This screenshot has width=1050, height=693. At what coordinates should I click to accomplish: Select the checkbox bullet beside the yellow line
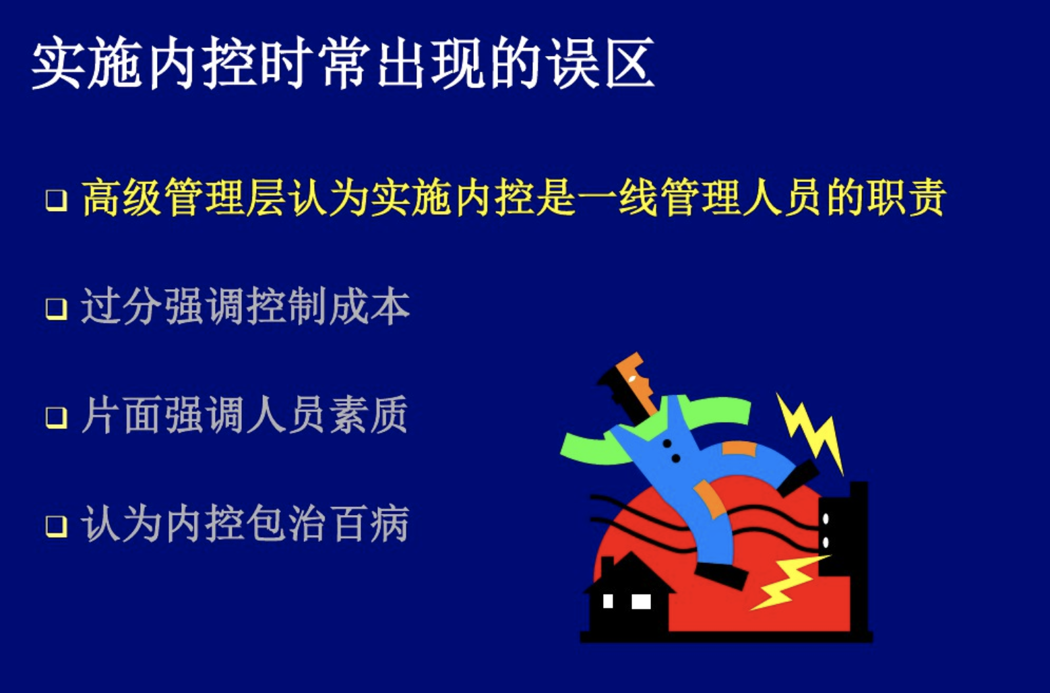tap(56, 200)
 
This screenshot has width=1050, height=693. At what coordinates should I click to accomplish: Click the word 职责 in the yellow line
tap(905, 198)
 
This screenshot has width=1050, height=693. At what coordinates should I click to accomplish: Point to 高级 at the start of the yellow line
tap(123, 198)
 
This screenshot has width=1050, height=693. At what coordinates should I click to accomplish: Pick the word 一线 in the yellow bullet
tap(617, 198)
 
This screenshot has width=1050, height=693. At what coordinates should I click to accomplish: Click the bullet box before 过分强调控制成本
tap(56, 309)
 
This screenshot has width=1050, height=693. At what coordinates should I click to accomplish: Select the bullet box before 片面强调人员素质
tap(56, 418)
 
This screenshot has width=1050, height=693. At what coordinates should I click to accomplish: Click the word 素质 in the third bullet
tap(369, 415)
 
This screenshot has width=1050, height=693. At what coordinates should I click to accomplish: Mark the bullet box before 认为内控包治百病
tap(56, 526)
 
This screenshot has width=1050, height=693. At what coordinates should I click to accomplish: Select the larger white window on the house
tap(641, 601)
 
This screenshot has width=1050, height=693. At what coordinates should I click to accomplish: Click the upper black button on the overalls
tap(667, 444)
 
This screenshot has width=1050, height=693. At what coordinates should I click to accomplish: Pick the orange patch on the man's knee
tap(709, 499)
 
